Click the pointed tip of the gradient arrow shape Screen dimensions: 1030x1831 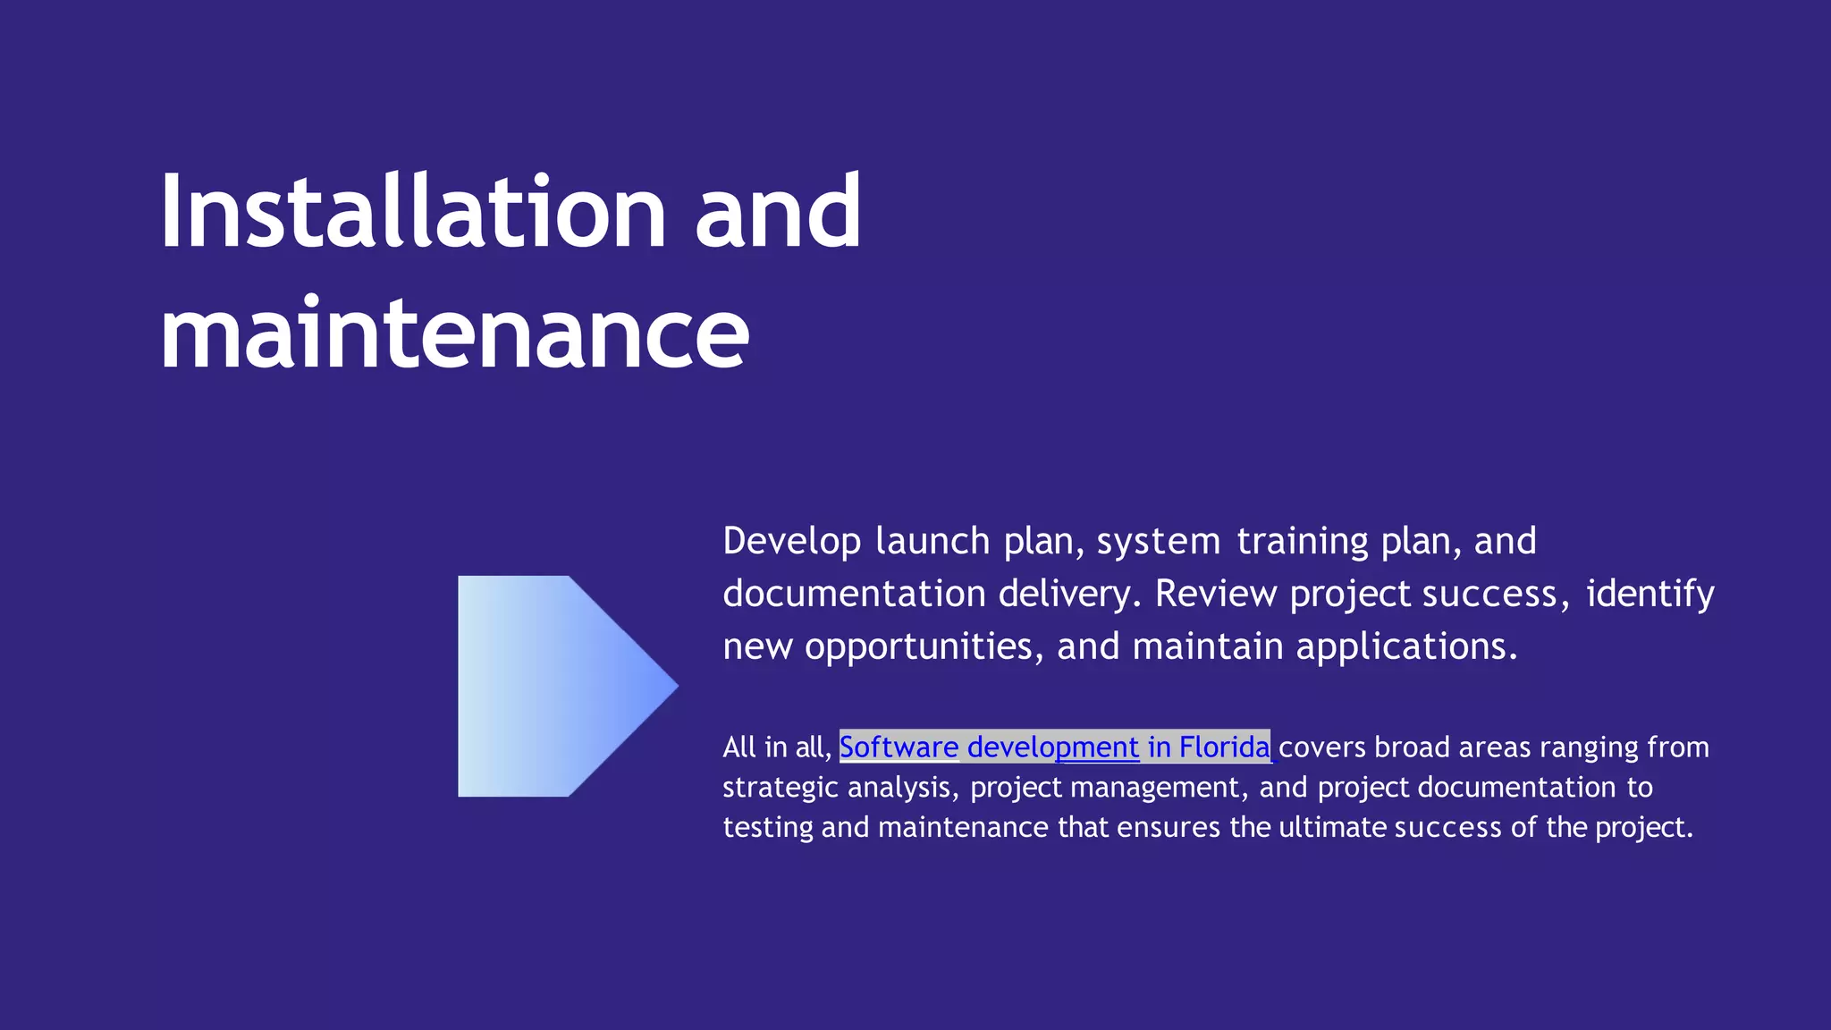click(675, 687)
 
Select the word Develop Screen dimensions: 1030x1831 click(792, 542)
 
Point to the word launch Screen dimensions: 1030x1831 click(932, 542)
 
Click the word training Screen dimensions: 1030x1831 click(1303, 542)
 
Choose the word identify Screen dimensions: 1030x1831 click(1650, 595)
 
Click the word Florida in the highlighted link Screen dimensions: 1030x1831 click(1224, 747)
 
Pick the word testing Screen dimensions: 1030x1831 click(768, 828)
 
